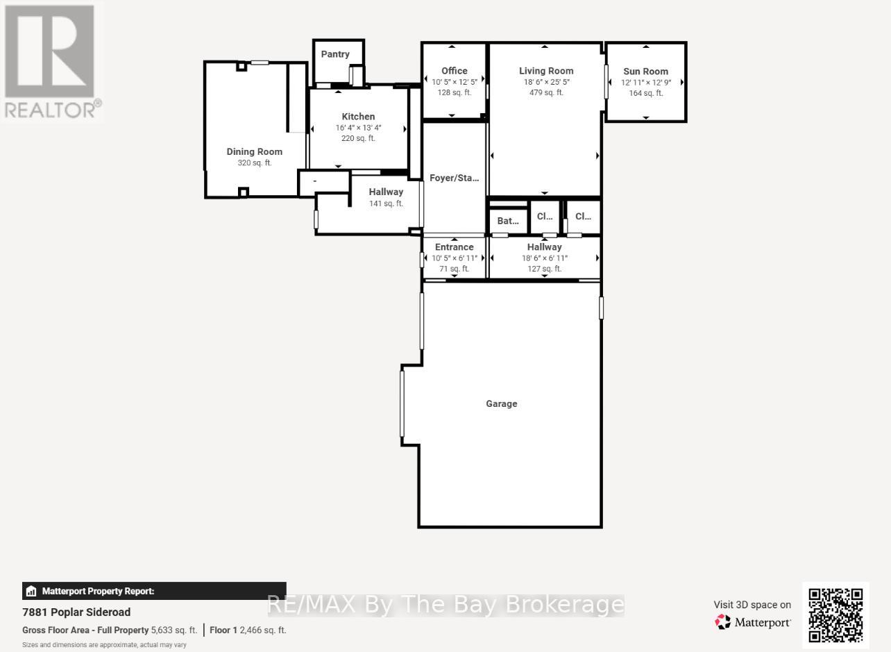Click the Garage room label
click(501, 403)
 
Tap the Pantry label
click(335, 54)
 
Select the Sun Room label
click(645, 71)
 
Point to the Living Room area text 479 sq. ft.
click(546, 92)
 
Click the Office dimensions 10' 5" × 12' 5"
click(455, 82)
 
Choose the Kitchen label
click(358, 117)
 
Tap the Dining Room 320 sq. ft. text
click(255, 163)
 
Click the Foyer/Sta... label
click(454, 178)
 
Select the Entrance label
click(454, 246)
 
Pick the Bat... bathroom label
click(508, 221)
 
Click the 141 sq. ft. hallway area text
click(386, 203)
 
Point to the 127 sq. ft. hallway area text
click(545, 269)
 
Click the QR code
click(835, 615)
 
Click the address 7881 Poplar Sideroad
click(76, 612)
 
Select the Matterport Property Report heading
click(97, 592)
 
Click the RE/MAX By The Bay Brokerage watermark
click(445, 605)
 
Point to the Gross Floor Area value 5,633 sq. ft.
click(173, 630)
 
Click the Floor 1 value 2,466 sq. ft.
click(262, 630)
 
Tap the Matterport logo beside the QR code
click(754, 622)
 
